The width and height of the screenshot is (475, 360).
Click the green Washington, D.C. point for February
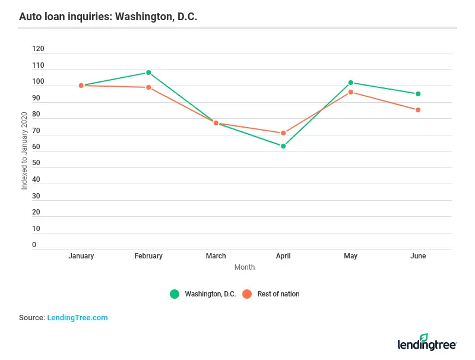coord(148,72)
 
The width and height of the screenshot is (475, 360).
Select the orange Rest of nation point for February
coord(148,87)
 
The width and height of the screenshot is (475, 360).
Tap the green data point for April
coord(283,146)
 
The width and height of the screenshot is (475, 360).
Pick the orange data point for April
coord(283,133)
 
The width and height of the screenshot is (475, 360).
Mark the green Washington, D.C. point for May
coord(351,83)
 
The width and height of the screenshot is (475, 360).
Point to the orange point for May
coord(351,92)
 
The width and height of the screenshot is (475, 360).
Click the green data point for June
coord(418,94)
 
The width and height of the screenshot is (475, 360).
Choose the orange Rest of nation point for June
coord(418,110)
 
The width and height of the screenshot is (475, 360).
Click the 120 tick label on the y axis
coord(38,49)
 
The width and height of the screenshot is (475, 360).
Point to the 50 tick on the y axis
coord(36,163)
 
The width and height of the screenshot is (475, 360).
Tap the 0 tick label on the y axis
coord(34,245)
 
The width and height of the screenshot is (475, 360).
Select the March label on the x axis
coord(216,256)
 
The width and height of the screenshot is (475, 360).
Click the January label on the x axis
coord(81,256)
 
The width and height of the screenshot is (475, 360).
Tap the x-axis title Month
coord(244,267)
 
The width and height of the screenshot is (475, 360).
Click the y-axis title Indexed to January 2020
coord(24,150)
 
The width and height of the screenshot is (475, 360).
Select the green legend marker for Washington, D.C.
coord(175,294)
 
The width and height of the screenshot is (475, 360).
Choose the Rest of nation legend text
coord(278,294)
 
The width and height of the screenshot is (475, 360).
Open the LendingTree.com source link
coord(77,318)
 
